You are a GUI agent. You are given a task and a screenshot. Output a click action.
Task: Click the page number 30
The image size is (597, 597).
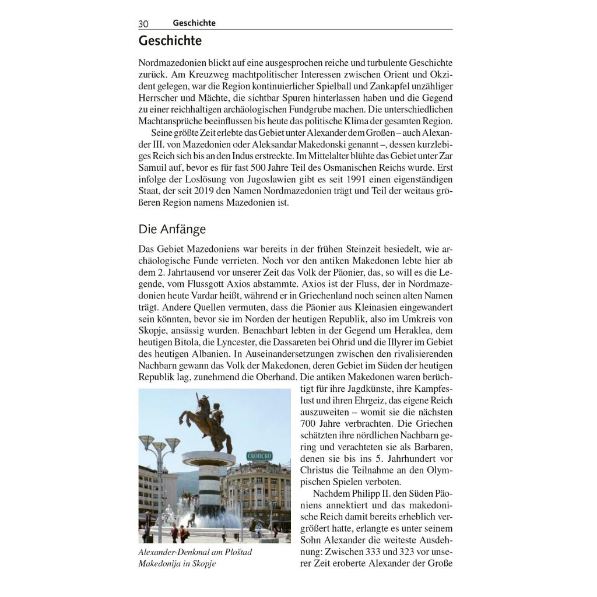[143, 24]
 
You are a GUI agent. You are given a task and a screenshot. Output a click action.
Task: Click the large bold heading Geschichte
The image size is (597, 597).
[170, 41]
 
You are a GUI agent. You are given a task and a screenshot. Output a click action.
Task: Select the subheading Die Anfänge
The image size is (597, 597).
[172, 229]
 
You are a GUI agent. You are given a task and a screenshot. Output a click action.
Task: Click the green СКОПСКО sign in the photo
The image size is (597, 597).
[259, 455]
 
